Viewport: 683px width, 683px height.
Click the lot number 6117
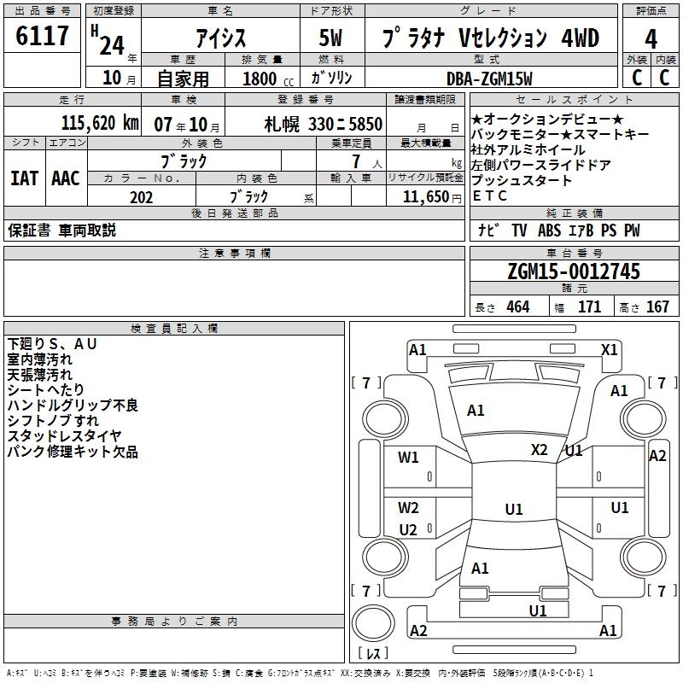pos(42,37)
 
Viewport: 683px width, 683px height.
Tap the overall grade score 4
pos(651,38)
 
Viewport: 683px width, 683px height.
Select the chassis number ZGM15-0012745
pos(573,271)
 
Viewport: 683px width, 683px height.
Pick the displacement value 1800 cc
pos(267,79)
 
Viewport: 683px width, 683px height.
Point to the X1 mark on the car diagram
pos(609,349)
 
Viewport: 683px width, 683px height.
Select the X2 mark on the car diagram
pos(540,450)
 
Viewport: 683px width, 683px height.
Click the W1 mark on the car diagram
pos(408,458)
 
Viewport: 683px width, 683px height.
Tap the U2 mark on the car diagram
pos(408,530)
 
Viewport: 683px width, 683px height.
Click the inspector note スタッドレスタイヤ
pos(65,436)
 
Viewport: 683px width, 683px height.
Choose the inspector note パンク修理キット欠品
pos(73,452)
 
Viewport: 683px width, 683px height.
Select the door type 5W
pos(332,38)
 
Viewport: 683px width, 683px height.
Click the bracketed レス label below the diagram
pos(373,653)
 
